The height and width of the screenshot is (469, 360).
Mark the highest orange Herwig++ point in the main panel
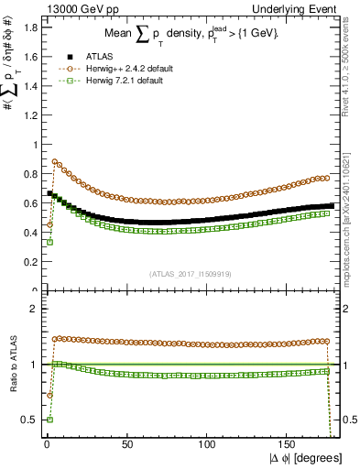[x=55, y=162]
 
